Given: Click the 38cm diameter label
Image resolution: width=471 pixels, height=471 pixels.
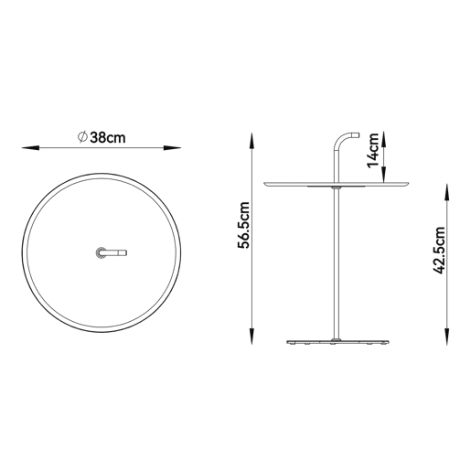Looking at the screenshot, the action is tap(108, 138).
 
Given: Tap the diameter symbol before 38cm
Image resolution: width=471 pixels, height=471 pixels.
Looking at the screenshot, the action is tap(82, 137).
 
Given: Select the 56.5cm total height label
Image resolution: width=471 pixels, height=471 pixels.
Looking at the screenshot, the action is tap(244, 225).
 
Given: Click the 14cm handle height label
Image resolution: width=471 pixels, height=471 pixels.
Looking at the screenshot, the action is tap(373, 150).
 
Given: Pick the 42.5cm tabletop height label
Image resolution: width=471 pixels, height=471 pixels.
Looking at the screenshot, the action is tap(439, 251).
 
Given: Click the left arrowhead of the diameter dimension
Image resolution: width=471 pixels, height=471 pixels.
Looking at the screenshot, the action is tap(30, 148).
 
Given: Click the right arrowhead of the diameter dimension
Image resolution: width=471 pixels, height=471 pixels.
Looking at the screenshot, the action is tap(172, 148).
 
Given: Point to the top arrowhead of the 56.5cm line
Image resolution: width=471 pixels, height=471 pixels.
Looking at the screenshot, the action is tap(252, 141).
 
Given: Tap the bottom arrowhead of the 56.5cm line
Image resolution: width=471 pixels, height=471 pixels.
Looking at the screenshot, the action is tap(252, 337).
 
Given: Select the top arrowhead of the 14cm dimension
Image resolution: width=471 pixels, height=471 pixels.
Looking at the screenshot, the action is tap(384, 139).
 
